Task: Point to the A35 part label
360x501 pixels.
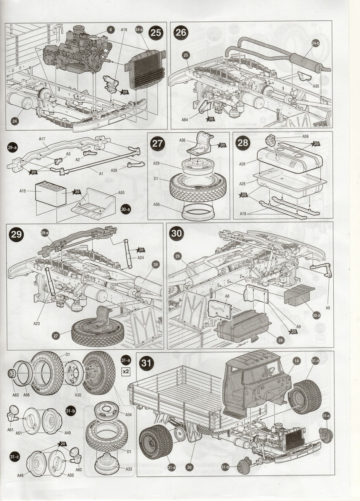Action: [x=315, y=87]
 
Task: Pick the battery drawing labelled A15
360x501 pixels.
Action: [x=50, y=193]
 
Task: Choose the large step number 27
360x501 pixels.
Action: [x=157, y=143]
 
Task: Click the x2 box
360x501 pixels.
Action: [x=125, y=370]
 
